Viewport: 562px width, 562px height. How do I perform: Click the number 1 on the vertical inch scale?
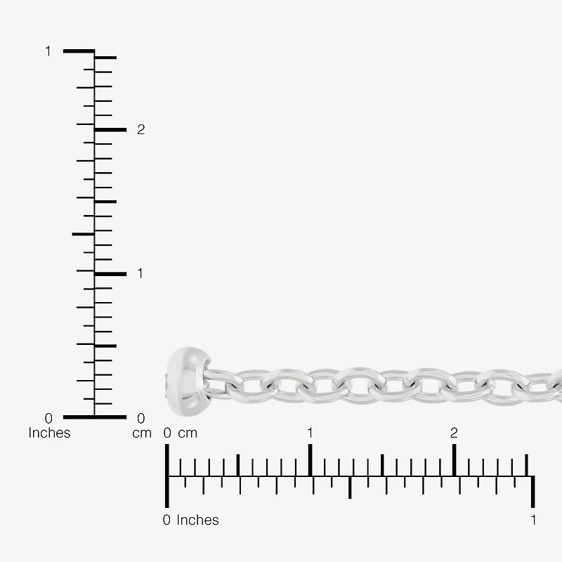pos(48,51)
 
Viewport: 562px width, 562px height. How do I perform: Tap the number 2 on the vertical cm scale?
pos(141,129)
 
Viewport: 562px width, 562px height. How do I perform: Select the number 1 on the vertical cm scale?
pos(140,273)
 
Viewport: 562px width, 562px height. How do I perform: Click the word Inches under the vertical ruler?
pos(49,433)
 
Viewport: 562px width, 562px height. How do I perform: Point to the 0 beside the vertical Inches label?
pos(48,418)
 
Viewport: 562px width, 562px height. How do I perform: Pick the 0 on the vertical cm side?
pos(141,418)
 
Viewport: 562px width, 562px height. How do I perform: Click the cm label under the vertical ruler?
pos(142,433)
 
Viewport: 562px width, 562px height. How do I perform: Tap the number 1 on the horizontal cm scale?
pos(310,433)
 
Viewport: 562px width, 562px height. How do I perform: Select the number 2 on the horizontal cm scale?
pos(454,433)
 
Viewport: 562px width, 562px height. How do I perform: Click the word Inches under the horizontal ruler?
pos(197,520)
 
